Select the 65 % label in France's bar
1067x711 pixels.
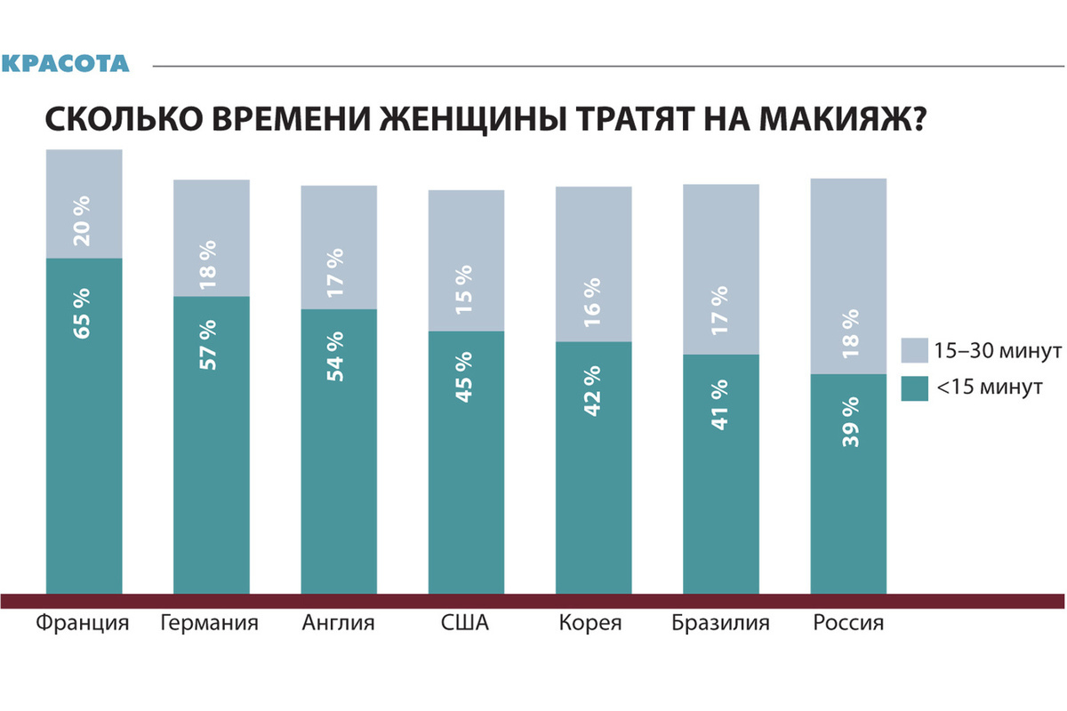tap(84, 311)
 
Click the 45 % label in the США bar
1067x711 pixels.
tap(466, 378)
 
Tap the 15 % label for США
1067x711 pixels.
tap(466, 287)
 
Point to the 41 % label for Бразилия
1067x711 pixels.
tap(720, 404)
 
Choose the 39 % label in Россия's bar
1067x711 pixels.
tap(849, 423)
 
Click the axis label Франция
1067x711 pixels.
tap(84, 622)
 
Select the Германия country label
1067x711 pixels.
tap(210, 622)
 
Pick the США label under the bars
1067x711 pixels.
tap(466, 622)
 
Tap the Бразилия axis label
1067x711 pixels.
tap(720, 622)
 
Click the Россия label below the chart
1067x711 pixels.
tap(848, 622)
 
